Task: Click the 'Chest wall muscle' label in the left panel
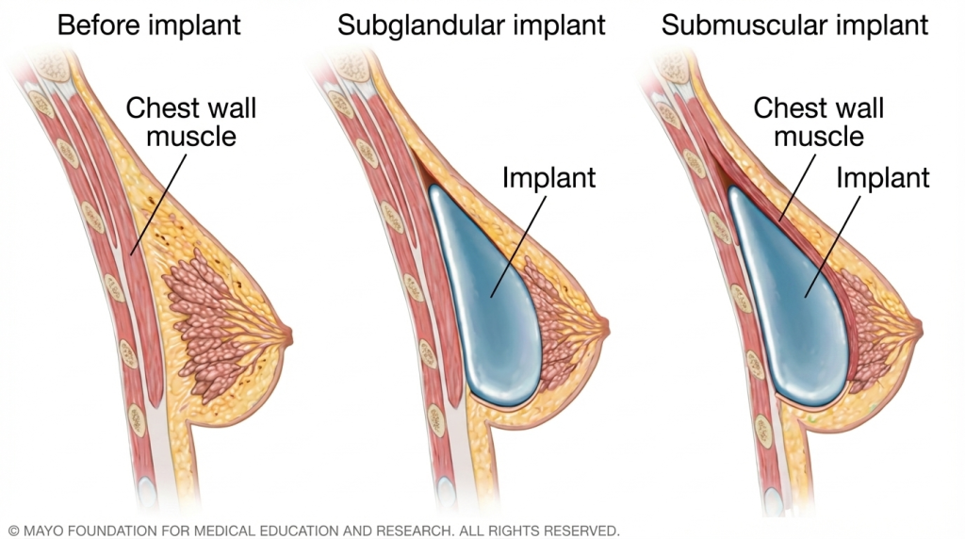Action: point(191,122)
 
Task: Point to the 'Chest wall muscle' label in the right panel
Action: point(818,122)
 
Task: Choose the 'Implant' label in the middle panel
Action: point(548,176)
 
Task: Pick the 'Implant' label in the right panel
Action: point(882,176)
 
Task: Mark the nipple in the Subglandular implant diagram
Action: point(604,325)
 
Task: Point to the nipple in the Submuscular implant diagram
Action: point(915,325)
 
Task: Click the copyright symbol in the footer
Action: point(13,530)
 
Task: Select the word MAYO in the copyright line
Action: point(44,530)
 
